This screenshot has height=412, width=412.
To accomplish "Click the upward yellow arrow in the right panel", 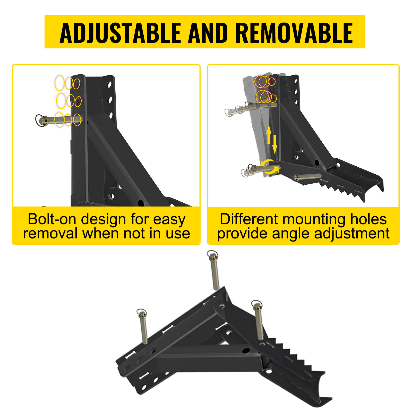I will tap(269, 134).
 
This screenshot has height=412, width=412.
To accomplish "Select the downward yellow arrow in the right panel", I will tap(275, 144).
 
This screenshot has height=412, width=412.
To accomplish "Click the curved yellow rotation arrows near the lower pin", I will tap(269, 167).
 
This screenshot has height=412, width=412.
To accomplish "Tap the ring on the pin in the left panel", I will tap(39, 120).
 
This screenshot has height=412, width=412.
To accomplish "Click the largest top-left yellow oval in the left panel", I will tap(59, 83).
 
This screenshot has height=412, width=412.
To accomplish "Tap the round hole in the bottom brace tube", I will tap(246, 350).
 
